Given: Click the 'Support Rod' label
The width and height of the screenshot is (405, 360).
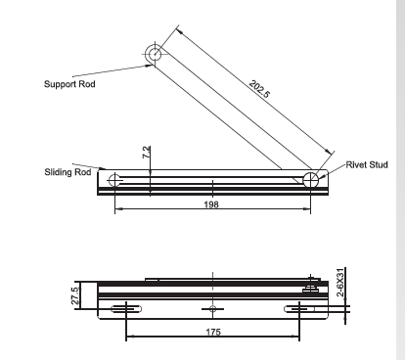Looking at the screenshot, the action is (x=69, y=84).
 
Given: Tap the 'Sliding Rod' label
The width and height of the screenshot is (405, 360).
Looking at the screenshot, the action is (x=67, y=172).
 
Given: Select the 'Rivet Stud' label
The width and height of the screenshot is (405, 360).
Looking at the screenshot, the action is (x=367, y=164).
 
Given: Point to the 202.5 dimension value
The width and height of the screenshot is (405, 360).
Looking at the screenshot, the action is (x=259, y=89).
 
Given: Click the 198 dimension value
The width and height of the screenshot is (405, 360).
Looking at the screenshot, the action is (x=211, y=204).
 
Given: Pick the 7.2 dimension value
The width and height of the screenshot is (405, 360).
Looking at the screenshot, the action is (x=147, y=152).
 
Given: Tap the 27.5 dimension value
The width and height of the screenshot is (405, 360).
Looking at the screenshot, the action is (x=75, y=295).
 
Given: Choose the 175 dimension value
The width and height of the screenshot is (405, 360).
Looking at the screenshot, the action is (x=213, y=332).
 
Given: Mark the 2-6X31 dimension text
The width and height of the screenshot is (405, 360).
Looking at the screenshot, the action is (x=340, y=283).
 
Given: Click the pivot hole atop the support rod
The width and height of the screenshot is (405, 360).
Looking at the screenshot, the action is (x=155, y=54).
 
